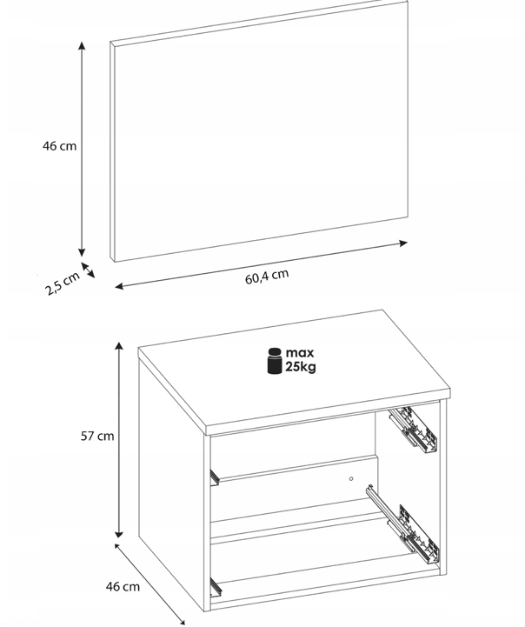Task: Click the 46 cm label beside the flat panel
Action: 59,146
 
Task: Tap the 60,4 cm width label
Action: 267,277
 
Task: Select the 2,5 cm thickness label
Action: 63,283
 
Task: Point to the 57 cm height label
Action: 97,436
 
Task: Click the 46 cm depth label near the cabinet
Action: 123,587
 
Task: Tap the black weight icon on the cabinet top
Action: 275,361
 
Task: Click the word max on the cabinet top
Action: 300,353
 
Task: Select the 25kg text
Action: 301,367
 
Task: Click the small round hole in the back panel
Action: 351,478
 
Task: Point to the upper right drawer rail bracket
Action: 413,430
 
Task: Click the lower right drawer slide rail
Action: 402,523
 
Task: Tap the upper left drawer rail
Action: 215,477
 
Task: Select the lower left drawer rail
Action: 216,587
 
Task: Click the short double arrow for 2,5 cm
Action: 88,270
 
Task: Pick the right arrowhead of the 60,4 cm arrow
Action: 403,243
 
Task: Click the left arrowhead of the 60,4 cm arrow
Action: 119,286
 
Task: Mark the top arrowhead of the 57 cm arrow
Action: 119,346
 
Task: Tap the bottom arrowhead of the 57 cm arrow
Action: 119,534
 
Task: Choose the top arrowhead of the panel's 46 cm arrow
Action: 82,45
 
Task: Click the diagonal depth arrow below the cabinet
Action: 150,584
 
